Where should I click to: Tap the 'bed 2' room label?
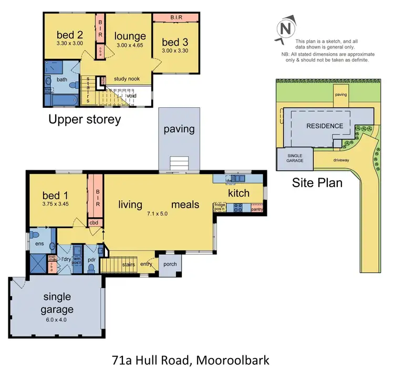coord(70,35)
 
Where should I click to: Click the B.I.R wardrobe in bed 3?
coord(175,17)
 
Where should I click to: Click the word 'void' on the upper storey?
coord(131,96)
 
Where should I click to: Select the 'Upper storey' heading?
coord(84,119)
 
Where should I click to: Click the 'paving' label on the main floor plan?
coord(179,129)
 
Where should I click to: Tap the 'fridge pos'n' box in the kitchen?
coord(220,208)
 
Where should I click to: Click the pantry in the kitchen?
coord(257,209)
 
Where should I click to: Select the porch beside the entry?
coord(170,264)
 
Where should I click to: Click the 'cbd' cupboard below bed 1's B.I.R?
coord(95,222)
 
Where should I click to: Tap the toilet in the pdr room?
coord(91,268)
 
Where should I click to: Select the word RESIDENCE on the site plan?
coord(325,126)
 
